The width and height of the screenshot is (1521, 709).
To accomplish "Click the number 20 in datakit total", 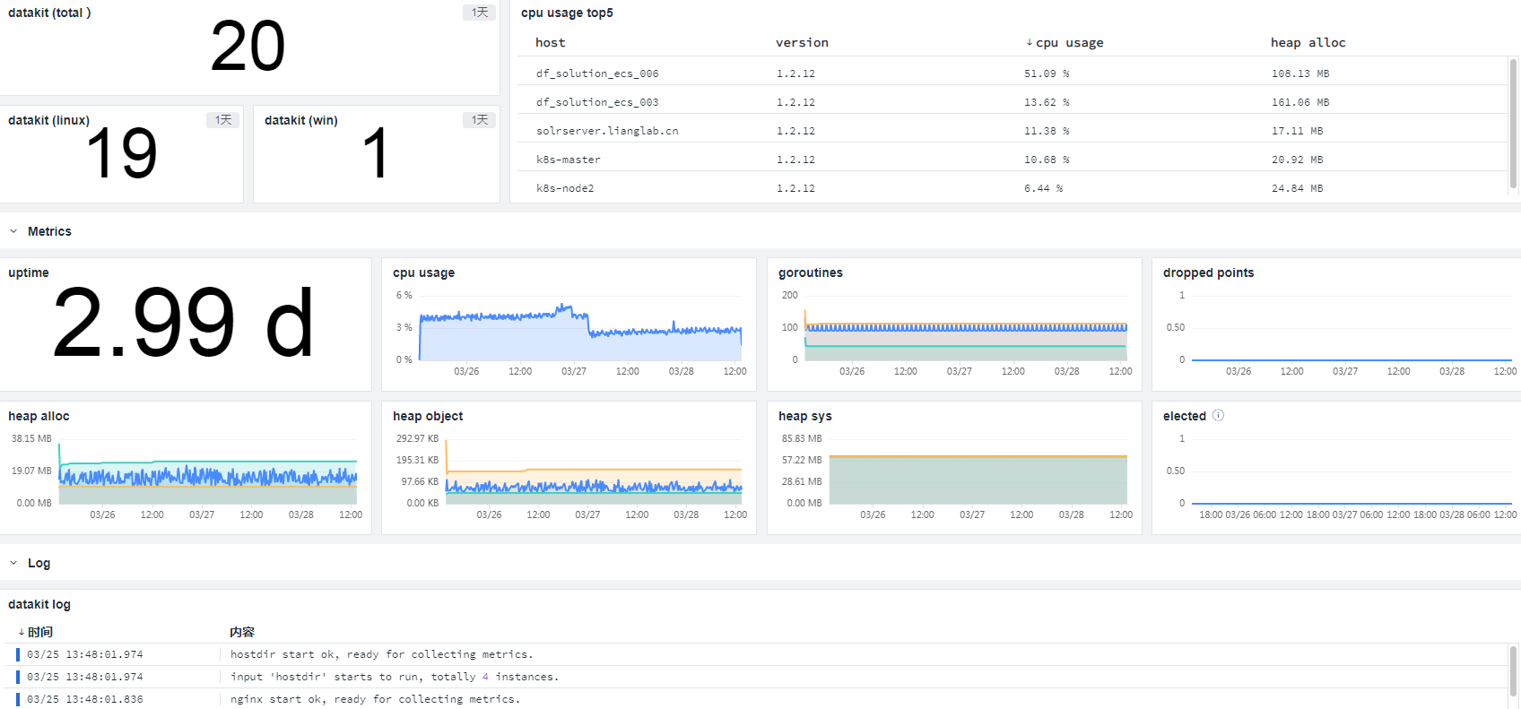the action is [248, 46].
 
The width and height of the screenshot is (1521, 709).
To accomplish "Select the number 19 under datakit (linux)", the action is [122, 153].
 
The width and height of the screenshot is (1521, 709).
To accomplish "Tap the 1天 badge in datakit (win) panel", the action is [480, 120].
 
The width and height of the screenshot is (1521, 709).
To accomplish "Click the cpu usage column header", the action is [1064, 43].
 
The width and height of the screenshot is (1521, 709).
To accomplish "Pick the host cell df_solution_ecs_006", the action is [597, 73].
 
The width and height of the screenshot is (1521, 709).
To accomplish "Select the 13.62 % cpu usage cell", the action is [1047, 102].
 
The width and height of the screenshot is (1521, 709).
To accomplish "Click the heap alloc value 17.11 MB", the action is [1297, 131].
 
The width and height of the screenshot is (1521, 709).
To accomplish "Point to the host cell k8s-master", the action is [569, 160].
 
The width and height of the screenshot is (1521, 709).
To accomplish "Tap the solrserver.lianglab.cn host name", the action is [607, 131].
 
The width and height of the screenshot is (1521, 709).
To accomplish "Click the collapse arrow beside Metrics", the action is [13, 231].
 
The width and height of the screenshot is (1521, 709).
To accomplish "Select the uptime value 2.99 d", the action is [183, 323].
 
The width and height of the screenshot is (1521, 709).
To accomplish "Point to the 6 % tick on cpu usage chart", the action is [404, 295].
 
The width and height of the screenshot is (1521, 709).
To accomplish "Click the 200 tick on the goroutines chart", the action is [790, 295].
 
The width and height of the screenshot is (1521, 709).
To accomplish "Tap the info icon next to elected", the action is [1218, 415].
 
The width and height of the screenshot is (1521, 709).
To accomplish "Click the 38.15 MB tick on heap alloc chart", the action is [31, 438].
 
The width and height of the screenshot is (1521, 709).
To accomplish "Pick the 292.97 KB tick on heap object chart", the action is [417, 438].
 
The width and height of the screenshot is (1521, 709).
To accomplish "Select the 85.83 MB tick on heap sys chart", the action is [801, 438].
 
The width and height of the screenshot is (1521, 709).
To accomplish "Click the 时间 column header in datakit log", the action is [35, 632].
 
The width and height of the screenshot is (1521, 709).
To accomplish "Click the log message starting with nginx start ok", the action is [375, 699].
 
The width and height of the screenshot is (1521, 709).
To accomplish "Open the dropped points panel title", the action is [1208, 272].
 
